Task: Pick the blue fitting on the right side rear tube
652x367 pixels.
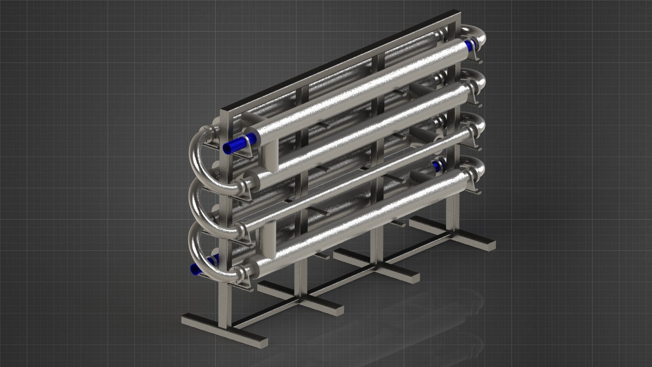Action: (x=437, y=165)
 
